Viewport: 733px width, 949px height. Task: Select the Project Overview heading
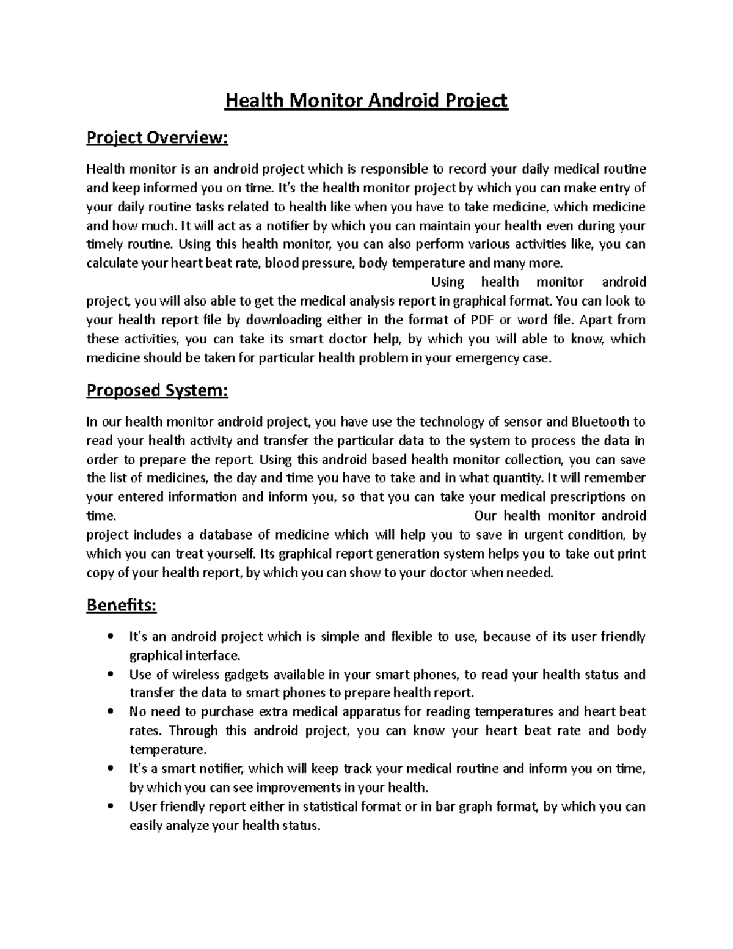click(157, 138)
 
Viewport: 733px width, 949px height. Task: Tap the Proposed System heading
click(157, 390)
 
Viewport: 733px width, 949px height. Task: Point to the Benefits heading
click(122, 606)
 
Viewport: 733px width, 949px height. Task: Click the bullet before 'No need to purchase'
click(110, 713)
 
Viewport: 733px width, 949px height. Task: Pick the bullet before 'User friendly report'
click(110, 807)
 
